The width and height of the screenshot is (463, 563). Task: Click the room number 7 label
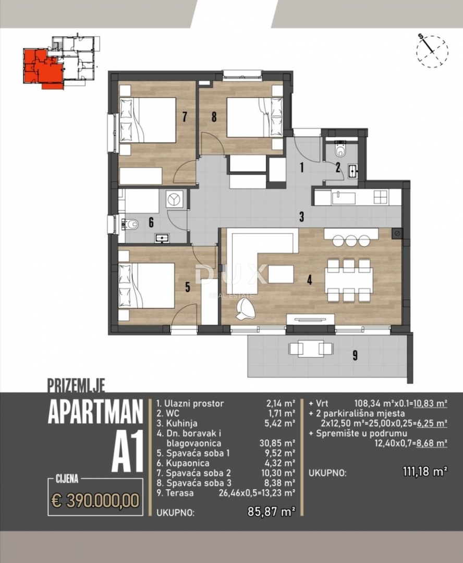tap(185, 116)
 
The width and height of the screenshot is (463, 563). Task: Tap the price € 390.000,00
tap(95, 500)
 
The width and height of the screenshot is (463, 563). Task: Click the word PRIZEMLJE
tap(76, 386)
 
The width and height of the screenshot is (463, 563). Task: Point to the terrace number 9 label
tap(355, 356)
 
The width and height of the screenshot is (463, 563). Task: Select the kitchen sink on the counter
tap(344, 198)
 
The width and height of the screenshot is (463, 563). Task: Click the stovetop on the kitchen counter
tap(381, 197)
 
